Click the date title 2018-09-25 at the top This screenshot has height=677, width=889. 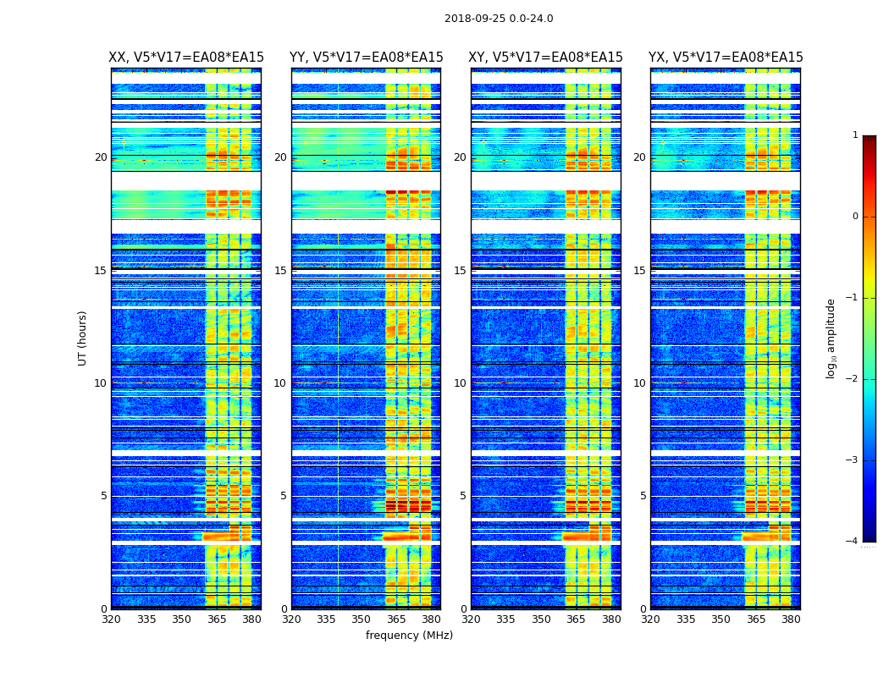499,19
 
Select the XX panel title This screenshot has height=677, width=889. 186,58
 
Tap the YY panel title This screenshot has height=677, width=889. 366,58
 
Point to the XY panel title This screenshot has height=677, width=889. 546,58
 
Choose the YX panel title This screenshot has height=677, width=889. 726,58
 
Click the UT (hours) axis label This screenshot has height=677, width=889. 83,338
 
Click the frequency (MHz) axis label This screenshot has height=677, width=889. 409,636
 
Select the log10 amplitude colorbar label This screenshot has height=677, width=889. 831,338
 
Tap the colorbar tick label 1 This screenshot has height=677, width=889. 855,135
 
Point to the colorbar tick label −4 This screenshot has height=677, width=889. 853,542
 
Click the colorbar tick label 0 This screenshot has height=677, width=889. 855,217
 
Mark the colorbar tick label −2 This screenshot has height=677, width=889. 853,379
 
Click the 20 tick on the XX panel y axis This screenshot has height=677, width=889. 101,157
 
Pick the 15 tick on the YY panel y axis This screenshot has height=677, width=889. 280,271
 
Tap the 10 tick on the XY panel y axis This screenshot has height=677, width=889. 460,383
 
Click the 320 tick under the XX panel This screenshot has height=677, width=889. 111,619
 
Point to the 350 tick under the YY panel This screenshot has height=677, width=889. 362,619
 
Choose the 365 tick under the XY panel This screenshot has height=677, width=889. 577,619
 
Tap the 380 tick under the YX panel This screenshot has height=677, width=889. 791,619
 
